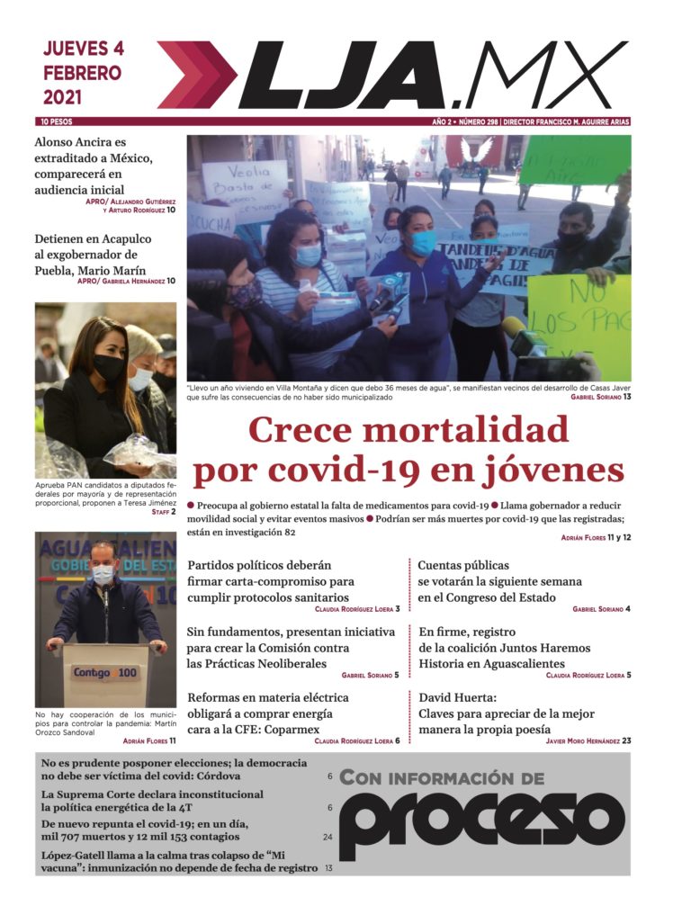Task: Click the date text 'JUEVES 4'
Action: (x=83, y=49)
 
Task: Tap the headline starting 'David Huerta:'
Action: (x=507, y=713)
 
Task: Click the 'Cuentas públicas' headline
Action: (x=499, y=581)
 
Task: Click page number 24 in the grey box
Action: (x=328, y=837)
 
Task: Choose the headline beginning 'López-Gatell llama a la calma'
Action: (x=180, y=861)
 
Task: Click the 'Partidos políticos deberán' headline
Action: (x=270, y=581)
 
